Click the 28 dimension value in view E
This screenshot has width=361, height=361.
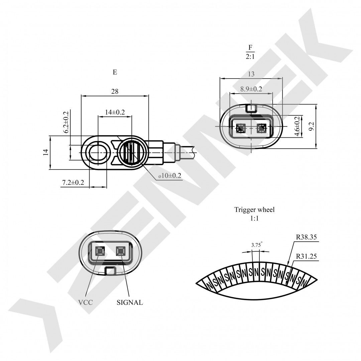pos(115,91)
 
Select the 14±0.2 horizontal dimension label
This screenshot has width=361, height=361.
pos(115,112)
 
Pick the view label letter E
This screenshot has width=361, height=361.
pos(115,72)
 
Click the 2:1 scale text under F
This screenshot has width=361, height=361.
pos(250,57)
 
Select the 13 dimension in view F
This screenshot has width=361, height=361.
pos(251,74)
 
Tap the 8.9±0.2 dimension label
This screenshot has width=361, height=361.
pos(251,89)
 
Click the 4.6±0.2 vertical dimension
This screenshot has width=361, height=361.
pos(296,126)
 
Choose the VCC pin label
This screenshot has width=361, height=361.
pos(86,303)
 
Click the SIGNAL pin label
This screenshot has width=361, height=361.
pos(130,303)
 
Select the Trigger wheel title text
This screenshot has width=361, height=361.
pos(254,210)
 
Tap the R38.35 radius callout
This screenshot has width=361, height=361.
pos(306,237)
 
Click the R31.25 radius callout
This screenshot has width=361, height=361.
pos(306,257)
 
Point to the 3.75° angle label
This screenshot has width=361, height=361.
pos(256,245)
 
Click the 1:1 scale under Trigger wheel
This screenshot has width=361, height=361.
pos(254,219)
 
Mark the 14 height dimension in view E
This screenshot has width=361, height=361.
pos(46,152)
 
